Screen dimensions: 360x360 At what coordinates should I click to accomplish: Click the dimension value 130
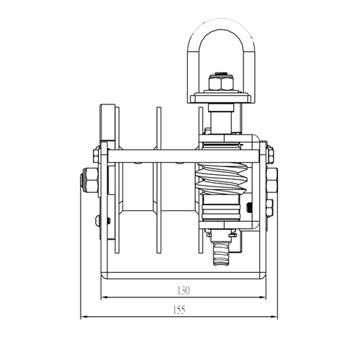click(183, 291)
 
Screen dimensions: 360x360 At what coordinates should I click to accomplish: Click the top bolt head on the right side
click(269, 153)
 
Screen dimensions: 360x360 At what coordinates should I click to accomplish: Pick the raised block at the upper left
click(108, 122)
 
